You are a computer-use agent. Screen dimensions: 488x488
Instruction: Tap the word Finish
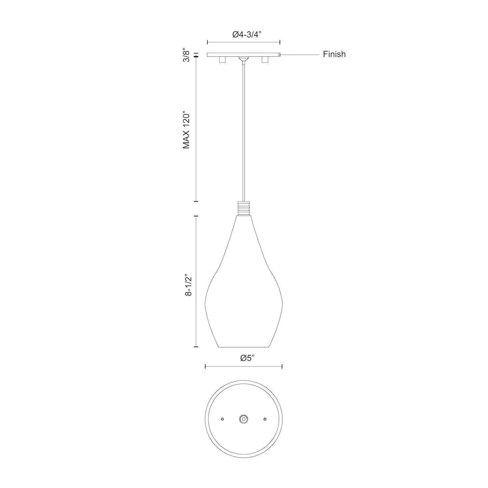tap(334, 54)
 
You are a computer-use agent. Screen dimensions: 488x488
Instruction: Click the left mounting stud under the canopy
tap(222, 60)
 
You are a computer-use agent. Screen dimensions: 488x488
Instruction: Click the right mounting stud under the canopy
tap(264, 60)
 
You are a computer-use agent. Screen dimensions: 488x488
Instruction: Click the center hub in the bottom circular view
tap(243, 419)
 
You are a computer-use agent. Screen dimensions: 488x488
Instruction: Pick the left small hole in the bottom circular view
tap(222, 419)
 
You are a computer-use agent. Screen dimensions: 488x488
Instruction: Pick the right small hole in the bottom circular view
tap(265, 419)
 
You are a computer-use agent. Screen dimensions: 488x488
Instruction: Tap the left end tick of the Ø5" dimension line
tap(206, 366)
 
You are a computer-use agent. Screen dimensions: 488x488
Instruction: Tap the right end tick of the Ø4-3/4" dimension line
tap(280, 42)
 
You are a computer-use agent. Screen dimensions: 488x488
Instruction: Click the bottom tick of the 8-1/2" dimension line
tap(196, 347)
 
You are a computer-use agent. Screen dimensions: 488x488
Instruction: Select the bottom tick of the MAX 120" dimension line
tap(196, 202)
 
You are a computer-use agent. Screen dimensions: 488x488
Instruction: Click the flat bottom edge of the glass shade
tap(245, 347)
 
